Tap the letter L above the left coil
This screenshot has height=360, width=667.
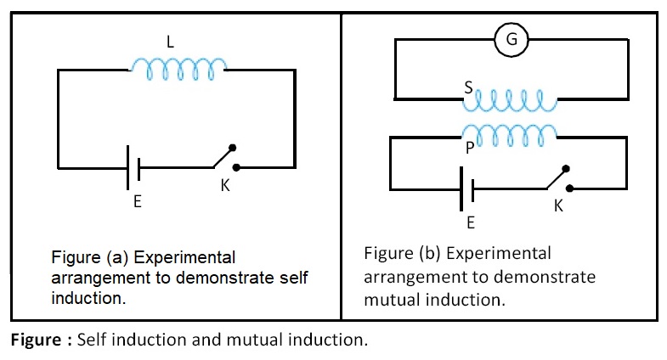[x=175, y=39]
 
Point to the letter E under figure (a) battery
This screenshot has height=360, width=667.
[x=137, y=203]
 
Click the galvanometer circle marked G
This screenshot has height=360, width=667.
[x=511, y=39]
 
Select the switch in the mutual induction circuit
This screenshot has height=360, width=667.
[x=557, y=178]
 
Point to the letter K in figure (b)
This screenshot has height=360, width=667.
[x=558, y=205]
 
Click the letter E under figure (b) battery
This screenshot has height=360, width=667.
[x=470, y=222]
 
